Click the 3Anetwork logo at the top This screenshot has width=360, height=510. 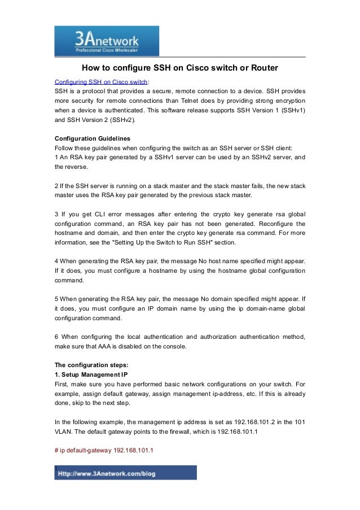tap(106, 41)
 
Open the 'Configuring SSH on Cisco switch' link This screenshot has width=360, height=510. tap(101, 80)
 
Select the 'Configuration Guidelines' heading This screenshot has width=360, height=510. tap(92, 138)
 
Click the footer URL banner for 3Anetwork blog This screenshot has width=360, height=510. tap(126, 473)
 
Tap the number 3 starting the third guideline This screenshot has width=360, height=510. tap(56, 215)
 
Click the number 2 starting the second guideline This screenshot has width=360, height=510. tap(56, 186)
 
